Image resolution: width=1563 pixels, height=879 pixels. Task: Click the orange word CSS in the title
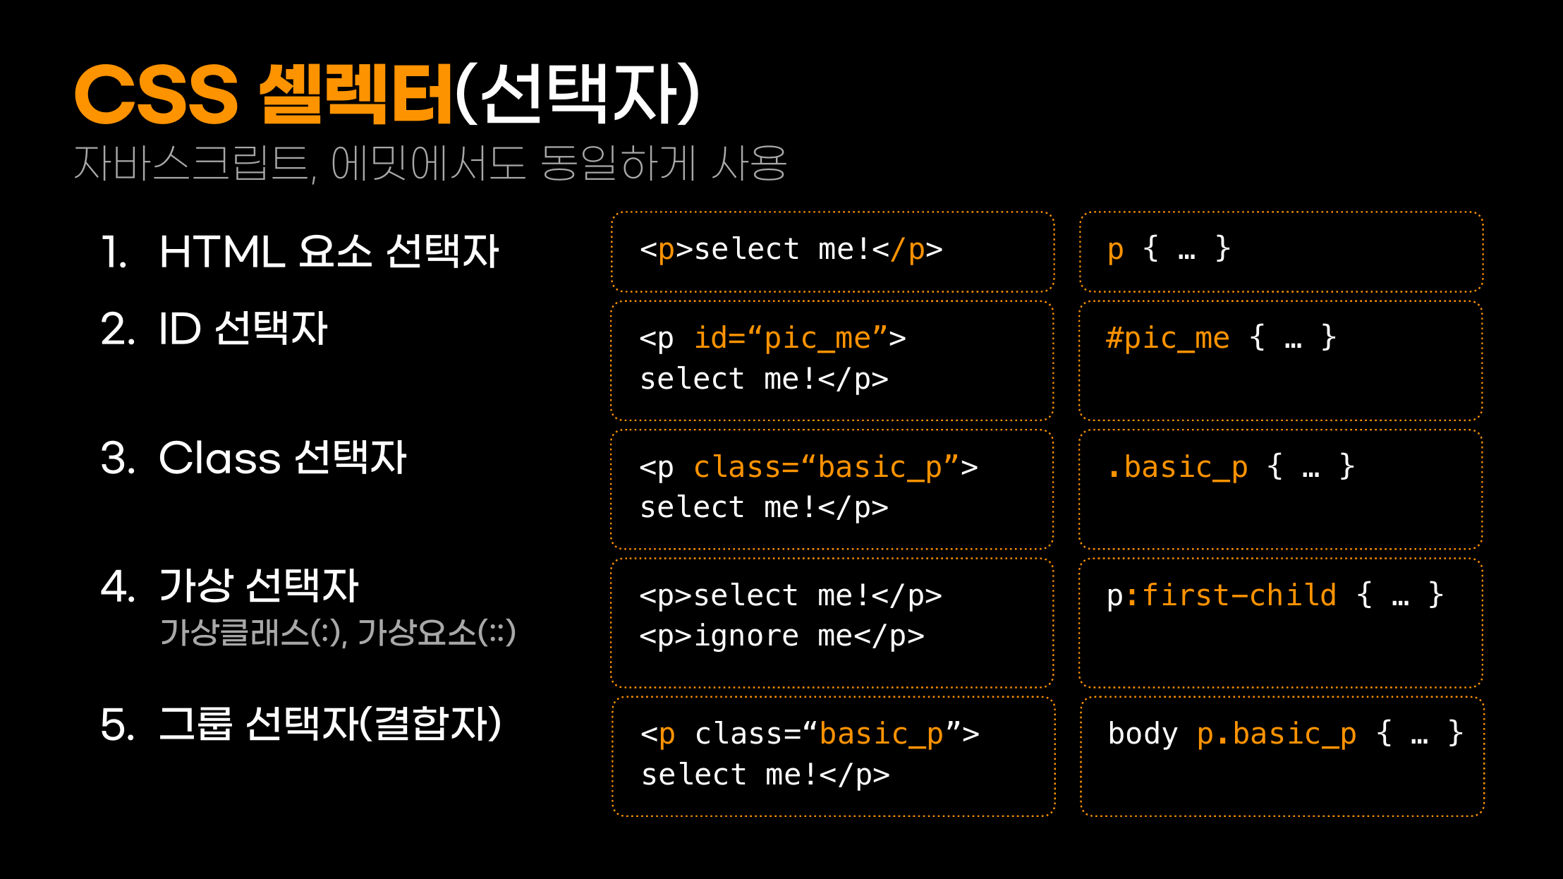[157, 94]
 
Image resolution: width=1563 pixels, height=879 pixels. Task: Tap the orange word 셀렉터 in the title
[355, 94]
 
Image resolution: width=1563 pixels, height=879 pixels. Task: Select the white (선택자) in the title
[577, 94]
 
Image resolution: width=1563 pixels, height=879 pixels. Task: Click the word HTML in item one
[221, 252]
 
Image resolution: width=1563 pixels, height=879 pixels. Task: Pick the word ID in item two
[180, 329]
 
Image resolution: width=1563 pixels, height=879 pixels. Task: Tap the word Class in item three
[220, 458]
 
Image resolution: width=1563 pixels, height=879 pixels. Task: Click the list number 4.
[117, 586]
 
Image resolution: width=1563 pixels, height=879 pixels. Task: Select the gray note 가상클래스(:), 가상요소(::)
[338, 632]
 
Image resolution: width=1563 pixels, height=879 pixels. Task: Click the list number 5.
[117, 725]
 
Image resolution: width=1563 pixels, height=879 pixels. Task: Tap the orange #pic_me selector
[1167, 338]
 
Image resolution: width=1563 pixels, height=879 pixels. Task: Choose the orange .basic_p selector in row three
[1176, 467]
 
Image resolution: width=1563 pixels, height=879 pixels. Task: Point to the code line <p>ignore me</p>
[781, 636]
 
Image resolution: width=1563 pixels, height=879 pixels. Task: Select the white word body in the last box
[1143, 734]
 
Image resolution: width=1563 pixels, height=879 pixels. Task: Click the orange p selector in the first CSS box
[1115, 250]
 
